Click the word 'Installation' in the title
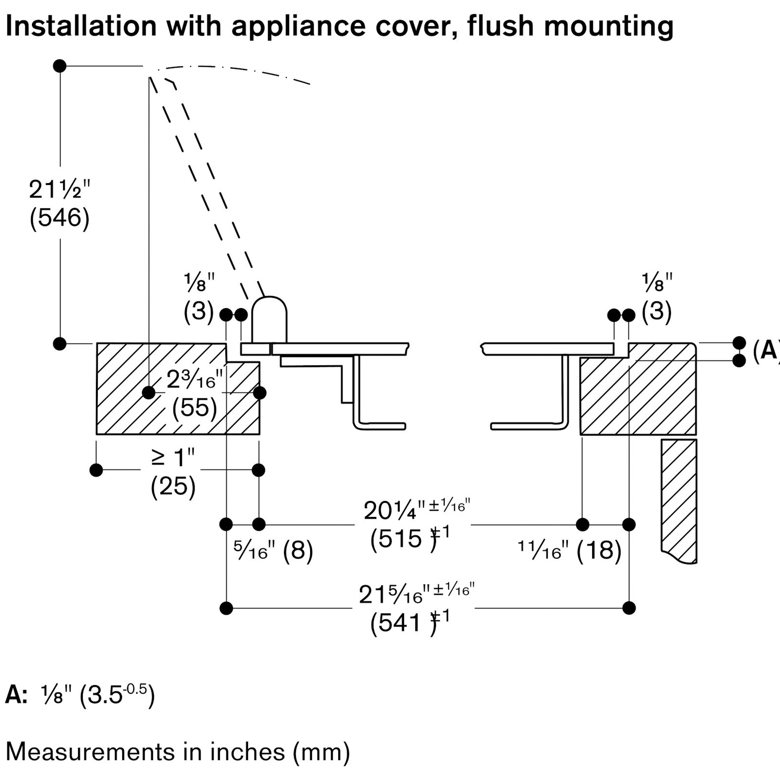click(81, 26)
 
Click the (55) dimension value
click(195, 408)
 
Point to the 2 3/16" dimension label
click(195, 380)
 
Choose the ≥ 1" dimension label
click(173, 458)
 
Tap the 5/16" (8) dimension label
click(273, 550)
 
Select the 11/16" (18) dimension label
click(570, 550)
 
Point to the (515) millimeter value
click(404, 538)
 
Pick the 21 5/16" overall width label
click(416, 594)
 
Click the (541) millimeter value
click(404, 622)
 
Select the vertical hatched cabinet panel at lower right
click(679, 501)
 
